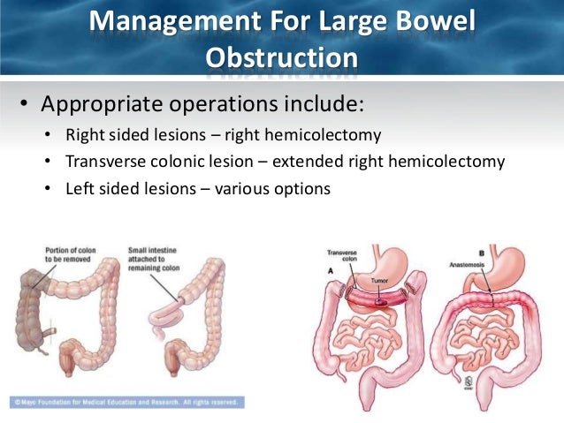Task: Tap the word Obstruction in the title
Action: point(282,58)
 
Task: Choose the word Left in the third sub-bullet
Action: point(81,188)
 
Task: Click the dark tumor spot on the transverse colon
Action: point(382,298)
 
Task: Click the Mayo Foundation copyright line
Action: point(124,403)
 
